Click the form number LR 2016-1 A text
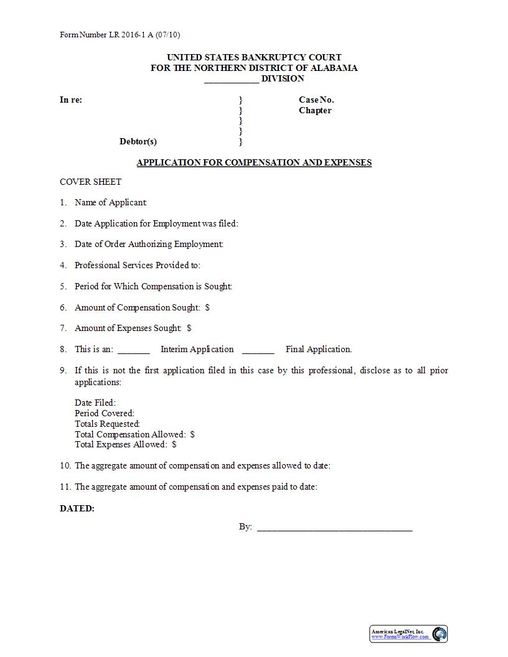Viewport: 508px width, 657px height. click(x=120, y=35)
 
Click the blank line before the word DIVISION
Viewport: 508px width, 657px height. click(x=231, y=80)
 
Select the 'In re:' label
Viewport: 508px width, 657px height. click(x=71, y=100)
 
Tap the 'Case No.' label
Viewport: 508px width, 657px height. click(x=316, y=100)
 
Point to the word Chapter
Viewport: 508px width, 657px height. click(x=315, y=110)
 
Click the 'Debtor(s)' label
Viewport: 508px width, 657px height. click(x=138, y=141)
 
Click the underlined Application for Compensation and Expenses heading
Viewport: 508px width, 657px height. click(x=254, y=162)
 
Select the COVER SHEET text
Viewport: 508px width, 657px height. click(x=90, y=182)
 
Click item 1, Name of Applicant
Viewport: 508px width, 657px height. click(x=110, y=202)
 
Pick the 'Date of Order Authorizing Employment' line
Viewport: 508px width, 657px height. click(x=149, y=244)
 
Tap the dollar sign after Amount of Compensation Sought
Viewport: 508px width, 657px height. click(x=207, y=307)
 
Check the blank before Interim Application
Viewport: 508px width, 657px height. click(x=133, y=350)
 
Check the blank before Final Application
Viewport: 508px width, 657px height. click(x=258, y=350)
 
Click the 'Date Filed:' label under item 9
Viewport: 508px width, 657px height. click(x=95, y=403)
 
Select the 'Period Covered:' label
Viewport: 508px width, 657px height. click(x=105, y=413)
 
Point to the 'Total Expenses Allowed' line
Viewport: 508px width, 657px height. click(x=125, y=444)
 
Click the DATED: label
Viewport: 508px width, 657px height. click(x=77, y=508)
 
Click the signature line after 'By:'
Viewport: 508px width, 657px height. click(x=334, y=528)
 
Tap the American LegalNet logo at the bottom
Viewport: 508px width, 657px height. click(x=440, y=634)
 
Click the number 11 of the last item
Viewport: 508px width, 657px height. click(x=65, y=487)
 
